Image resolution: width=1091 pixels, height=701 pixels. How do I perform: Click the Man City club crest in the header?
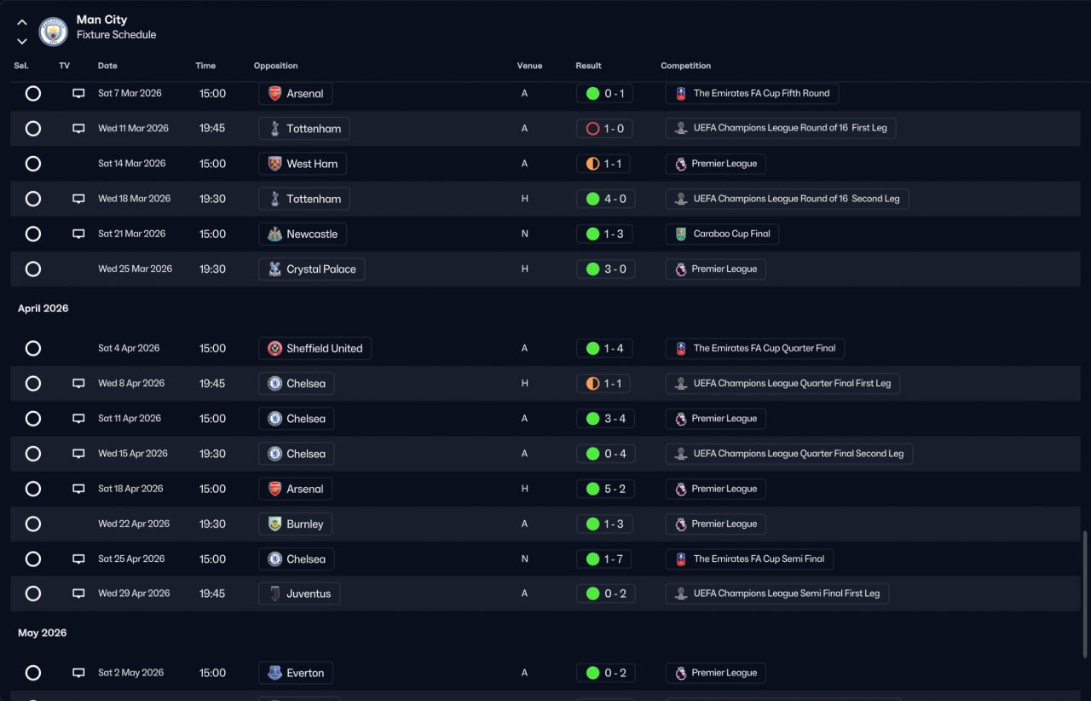(x=53, y=32)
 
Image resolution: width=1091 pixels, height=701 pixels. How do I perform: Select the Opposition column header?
(x=275, y=66)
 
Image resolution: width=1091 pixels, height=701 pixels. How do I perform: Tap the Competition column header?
(x=685, y=66)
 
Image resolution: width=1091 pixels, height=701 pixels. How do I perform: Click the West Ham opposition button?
(x=303, y=164)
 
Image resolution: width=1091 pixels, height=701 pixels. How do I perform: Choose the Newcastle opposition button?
(x=303, y=234)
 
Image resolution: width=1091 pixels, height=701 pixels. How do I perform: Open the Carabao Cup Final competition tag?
(x=722, y=234)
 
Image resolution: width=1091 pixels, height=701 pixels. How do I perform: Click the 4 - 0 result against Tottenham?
(x=605, y=199)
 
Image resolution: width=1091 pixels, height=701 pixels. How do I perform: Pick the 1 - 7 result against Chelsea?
(x=605, y=559)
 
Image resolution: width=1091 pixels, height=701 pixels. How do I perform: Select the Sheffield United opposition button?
(x=315, y=348)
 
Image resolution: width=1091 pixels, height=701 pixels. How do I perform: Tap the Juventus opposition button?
(x=299, y=594)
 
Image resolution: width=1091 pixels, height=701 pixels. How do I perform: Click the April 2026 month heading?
(x=43, y=309)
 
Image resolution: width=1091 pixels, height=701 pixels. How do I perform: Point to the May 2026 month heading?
(x=42, y=633)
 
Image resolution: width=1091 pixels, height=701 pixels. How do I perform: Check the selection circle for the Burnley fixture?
(x=33, y=524)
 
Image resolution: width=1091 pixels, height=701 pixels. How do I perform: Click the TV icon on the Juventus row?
(x=78, y=594)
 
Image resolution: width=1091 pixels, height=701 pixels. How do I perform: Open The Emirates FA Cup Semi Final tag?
(x=749, y=559)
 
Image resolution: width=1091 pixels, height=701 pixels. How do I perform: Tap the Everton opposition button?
(x=296, y=673)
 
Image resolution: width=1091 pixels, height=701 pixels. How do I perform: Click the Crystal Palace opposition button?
(x=311, y=269)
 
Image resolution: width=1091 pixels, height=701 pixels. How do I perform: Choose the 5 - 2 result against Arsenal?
(x=605, y=489)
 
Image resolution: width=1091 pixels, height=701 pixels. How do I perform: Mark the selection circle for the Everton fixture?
(x=33, y=673)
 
